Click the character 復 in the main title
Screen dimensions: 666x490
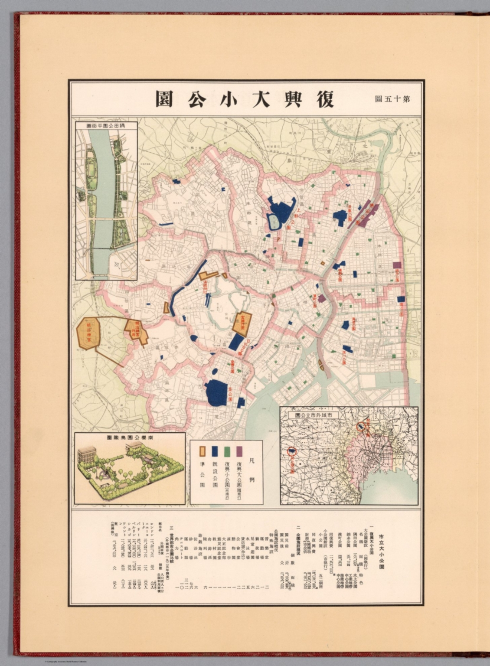pyautogui.click(x=322, y=98)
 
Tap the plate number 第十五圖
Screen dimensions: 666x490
pyautogui.click(x=392, y=98)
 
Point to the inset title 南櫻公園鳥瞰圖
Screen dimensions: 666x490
pyautogui.click(x=129, y=438)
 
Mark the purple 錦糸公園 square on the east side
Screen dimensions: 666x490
pyautogui.click(x=396, y=266)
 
